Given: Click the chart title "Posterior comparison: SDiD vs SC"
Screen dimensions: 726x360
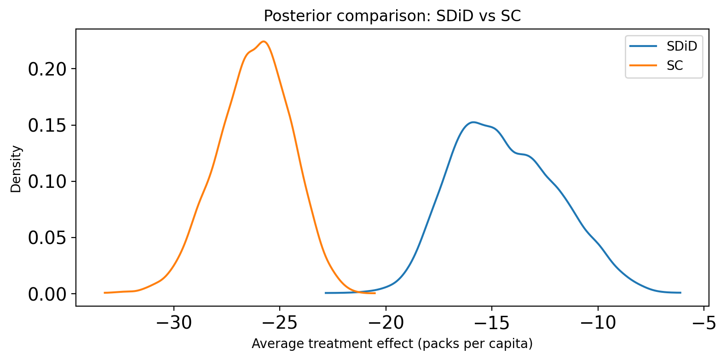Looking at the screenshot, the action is [392, 16].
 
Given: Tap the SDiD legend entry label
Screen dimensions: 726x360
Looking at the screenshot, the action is [682, 46].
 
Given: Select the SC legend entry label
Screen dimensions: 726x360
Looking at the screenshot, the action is [675, 65].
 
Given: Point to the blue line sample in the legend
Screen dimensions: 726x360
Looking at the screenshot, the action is [643, 46].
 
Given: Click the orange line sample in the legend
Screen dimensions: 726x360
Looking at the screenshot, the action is [643, 65].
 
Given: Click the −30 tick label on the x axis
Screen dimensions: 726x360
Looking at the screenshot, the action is [174, 323].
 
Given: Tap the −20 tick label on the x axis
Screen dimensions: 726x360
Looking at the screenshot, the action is [386, 323].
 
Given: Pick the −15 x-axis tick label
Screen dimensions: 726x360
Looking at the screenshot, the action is [492, 323].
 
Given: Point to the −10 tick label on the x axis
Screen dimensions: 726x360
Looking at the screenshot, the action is [598, 323].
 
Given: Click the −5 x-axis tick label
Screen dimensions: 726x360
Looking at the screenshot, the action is [703, 323].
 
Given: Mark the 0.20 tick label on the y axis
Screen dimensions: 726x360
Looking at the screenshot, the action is [47, 69].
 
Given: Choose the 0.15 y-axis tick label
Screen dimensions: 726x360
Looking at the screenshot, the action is [47, 126].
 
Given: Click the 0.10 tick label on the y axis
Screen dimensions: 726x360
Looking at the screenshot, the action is [47, 182].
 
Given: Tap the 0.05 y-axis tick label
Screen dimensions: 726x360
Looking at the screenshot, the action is [47, 238].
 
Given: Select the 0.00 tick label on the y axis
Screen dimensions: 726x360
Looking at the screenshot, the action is [47, 294].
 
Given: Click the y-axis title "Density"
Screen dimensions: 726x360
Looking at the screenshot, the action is [16, 169].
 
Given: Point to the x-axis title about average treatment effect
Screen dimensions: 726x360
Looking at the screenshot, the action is [392, 344].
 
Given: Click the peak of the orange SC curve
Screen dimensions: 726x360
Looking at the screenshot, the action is [264, 41].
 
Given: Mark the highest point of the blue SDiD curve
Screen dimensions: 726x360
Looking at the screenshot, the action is [473, 122].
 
